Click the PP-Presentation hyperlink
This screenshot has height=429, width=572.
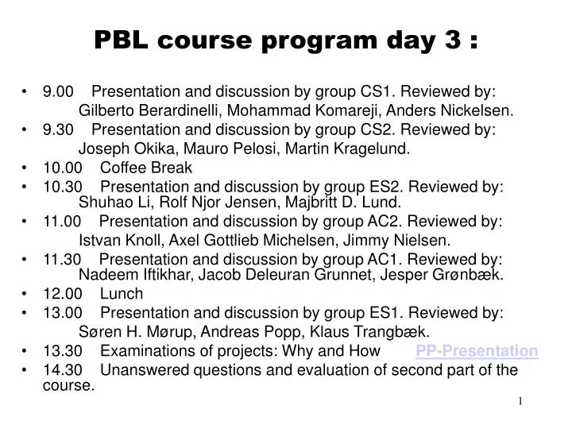pos(477,350)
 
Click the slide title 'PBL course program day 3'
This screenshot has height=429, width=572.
pos(286,40)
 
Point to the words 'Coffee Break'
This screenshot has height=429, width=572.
pos(146,168)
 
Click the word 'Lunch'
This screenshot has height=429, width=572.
pos(122,293)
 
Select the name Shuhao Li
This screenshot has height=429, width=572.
pos(108,202)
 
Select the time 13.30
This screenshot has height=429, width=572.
pos(62,350)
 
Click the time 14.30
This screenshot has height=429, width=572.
pos(62,369)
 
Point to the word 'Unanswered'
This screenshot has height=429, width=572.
pos(150,369)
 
